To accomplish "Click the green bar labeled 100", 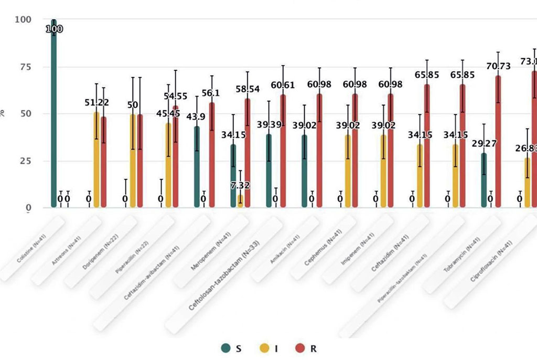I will click(x=53, y=115).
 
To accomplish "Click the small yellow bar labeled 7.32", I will click(x=240, y=202).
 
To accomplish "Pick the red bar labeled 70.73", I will click(x=498, y=142).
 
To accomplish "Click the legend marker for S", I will click(x=226, y=348).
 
